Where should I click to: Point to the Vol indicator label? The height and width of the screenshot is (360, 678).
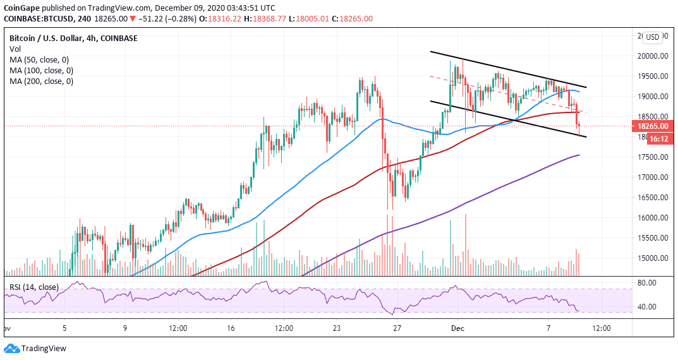[x=13, y=49]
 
